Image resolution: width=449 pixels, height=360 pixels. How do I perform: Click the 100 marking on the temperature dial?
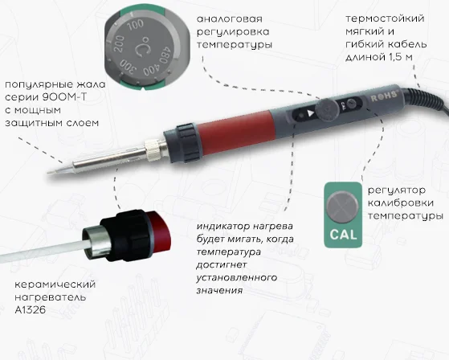coord(135,25)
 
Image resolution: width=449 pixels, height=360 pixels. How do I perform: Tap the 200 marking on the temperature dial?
coord(119,44)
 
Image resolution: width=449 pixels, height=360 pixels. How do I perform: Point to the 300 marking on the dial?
coord(128,67)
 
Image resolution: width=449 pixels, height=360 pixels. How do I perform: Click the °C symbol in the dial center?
coord(141,47)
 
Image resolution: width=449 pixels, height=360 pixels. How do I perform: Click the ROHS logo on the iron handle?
coord(384,96)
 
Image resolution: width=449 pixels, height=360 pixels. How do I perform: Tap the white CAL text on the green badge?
coord(343,235)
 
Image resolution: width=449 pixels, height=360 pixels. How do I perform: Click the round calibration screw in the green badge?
coord(342,207)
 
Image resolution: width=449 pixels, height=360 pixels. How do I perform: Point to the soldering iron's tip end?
coord(49,173)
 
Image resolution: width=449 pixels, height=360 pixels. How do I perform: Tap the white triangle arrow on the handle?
coord(311,112)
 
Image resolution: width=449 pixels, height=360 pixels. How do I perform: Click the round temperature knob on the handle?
coord(327,109)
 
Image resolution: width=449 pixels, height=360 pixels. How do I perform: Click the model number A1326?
coord(30,309)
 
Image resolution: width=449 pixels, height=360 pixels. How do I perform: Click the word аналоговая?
coord(230,19)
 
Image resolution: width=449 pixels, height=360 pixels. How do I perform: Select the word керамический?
coord(55,284)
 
